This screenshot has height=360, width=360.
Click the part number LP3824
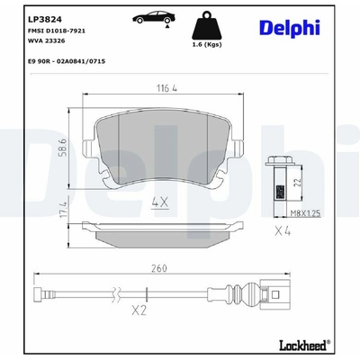click(x=45, y=20)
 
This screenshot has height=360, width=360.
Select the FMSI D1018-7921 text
click(x=57, y=31)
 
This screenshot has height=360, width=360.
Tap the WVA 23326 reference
click(x=46, y=40)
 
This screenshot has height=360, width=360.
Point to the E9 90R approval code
click(x=67, y=61)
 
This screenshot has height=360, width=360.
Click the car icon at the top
click(x=154, y=18)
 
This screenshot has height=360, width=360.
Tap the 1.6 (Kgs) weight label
click(x=207, y=45)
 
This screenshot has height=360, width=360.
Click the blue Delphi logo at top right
click(x=290, y=28)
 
